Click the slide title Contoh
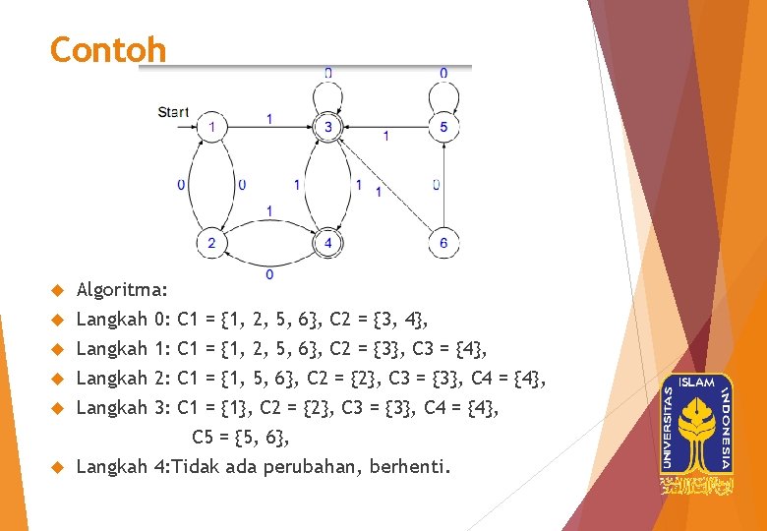tap(108, 49)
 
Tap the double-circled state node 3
tap(328, 127)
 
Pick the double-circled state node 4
tap(328, 243)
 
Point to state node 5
tap(443, 127)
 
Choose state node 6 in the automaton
tap(443, 243)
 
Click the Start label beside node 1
tap(173, 112)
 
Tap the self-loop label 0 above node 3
tap(328, 73)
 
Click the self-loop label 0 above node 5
tap(443, 73)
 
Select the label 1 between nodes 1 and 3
tap(269, 119)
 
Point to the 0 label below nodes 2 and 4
tap(269, 273)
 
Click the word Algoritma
tap(121, 290)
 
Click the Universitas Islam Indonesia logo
tap(697, 433)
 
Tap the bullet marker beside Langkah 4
tap(57, 466)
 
